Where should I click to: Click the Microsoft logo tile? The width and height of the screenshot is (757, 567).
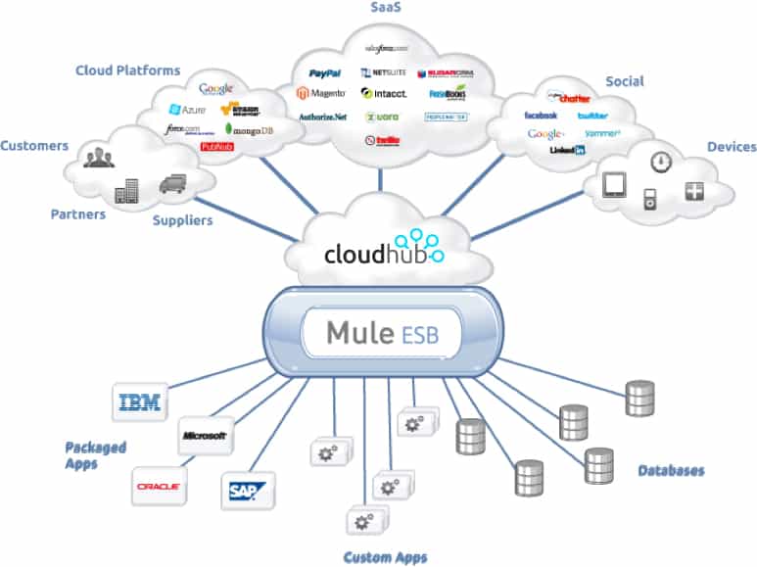coord(204,435)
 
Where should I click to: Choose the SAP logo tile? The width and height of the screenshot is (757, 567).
coord(248,487)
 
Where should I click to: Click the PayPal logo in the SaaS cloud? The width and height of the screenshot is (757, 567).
coord(324,73)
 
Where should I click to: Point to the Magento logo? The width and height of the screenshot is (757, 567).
coord(323,94)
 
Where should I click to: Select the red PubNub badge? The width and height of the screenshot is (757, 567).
coord(216,147)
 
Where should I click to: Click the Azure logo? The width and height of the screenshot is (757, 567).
coord(188,110)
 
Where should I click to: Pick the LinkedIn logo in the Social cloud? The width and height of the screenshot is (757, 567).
coord(567,150)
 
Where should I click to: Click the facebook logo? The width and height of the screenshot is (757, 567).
coord(541,116)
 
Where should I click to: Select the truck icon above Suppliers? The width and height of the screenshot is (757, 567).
coord(171,182)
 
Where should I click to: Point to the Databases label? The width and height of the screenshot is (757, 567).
coord(671,470)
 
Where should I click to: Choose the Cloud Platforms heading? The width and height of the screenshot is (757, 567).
coord(128,71)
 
